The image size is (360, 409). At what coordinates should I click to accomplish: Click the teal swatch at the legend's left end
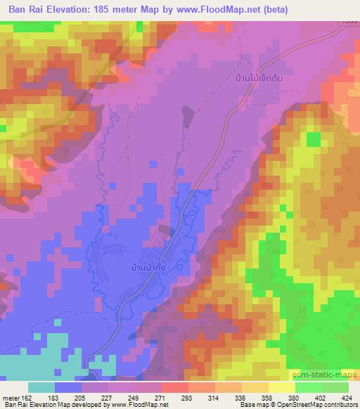41,388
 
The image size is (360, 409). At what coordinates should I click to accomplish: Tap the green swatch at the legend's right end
335,388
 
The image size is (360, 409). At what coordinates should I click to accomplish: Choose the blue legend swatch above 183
68,388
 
